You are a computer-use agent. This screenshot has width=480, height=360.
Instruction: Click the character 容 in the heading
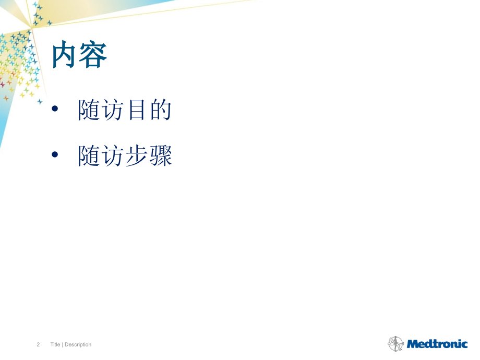[x=93, y=55]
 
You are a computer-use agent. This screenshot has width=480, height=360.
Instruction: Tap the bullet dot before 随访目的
[x=56, y=111]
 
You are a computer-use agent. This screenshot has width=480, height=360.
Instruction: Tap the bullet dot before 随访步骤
[x=56, y=155]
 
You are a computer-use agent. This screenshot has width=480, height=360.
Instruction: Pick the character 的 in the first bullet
[x=160, y=111]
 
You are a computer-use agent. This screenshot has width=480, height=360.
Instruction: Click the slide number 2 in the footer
[x=38, y=344]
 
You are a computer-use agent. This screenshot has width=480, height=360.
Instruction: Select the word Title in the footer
[x=56, y=344]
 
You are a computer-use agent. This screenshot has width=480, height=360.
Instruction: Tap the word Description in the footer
[x=78, y=344]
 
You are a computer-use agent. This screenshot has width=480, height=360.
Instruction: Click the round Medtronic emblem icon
[x=396, y=343]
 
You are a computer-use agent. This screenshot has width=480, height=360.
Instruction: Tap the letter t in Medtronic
[x=433, y=344]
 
